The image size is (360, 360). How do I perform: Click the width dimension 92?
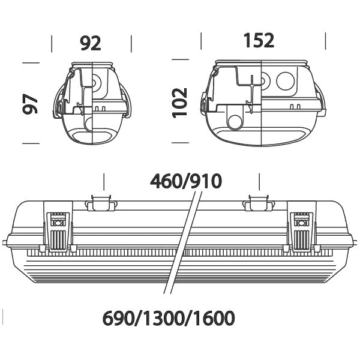tap(91, 43)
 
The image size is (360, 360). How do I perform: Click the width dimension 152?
tap(259, 40)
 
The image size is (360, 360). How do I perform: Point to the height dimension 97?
tap(30, 104)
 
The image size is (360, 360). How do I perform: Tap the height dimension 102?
tap(180, 103)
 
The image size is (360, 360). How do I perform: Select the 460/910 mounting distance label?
tap(186, 181)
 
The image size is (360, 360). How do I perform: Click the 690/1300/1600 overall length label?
tap(169, 318)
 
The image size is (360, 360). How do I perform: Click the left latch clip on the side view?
tap(58, 232)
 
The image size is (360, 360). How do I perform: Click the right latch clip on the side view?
tap(302, 232)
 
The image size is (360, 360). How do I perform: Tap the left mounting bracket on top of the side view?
tap(101, 203)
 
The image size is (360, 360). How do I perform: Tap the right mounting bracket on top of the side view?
tap(259, 203)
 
